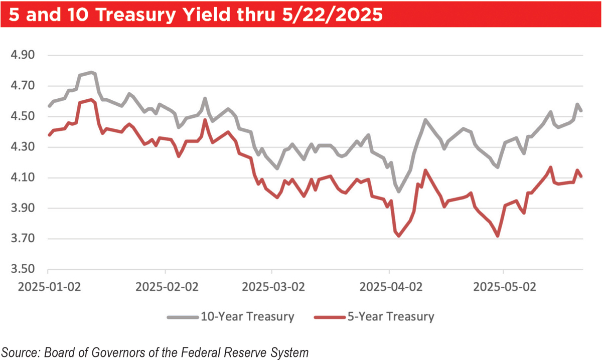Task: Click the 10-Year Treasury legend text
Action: [x=247, y=316]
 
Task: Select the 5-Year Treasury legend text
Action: [x=391, y=316]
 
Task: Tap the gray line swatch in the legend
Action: [x=182, y=317]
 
